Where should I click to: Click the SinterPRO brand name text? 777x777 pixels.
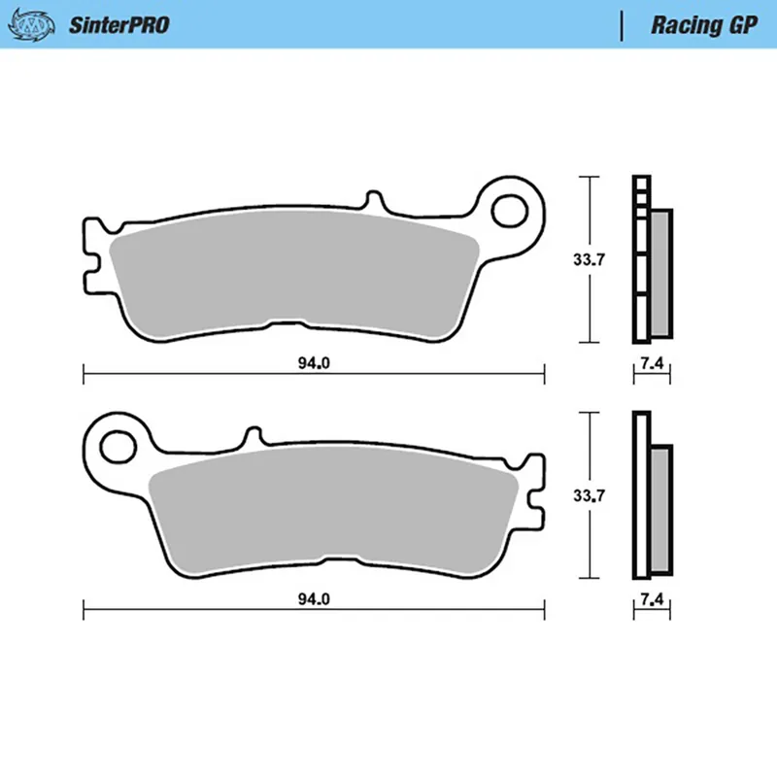click(x=118, y=25)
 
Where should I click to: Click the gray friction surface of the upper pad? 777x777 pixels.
click(x=291, y=277)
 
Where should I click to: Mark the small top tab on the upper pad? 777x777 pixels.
click(x=372, y=202)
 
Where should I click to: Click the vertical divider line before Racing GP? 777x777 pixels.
click(x=621, y=25)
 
